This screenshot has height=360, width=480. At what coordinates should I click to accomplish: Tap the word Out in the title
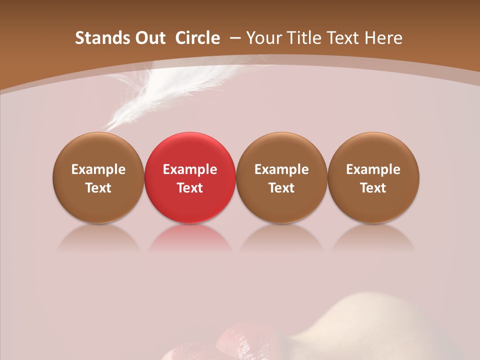pyautogui.click(x=149, y=38)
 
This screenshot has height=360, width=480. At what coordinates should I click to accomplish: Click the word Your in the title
pyautogui.click(x=262, y=38)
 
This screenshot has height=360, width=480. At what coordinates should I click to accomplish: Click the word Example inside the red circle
pyautogui.click(x=190, y=169)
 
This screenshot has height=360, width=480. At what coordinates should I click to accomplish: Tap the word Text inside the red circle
pyautogui.click(x=190, y=188)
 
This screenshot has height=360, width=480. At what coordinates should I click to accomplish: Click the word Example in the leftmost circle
pyautogui.click(x=98, y=169)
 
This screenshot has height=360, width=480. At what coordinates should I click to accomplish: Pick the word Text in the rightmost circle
pyautogui.click(x=373, y=188)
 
